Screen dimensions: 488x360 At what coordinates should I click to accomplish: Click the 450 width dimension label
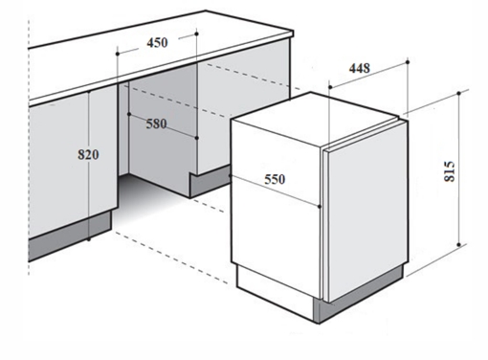[157, 43]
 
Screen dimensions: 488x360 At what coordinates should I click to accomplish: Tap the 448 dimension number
[360, 68]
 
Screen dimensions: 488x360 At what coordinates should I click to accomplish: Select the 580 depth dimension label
[156, 124]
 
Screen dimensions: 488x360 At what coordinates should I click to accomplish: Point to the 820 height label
[88, 155]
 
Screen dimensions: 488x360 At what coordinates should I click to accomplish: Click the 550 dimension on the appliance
[275, 179]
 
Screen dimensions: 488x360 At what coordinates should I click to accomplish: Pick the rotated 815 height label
[450, 171]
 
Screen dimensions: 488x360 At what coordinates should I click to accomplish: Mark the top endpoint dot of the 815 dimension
[459, 94]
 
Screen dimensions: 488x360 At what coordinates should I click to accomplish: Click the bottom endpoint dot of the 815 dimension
[459, 245]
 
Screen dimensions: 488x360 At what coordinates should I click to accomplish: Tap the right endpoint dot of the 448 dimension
[408, 62]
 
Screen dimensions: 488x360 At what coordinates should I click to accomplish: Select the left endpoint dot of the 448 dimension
[330, 87]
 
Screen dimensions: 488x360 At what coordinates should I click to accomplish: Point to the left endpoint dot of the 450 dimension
[118, 54]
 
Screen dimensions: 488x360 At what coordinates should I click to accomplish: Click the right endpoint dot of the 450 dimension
[196, 34]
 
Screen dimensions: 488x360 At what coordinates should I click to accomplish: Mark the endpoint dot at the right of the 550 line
[320, 207]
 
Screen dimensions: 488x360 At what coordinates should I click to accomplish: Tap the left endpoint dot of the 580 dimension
[129, 114]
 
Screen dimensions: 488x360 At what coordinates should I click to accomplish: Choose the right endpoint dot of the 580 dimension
[196, 138]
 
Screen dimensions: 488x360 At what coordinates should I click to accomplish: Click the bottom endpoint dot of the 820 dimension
[89, 239]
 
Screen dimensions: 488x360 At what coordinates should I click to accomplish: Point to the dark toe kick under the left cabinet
[70, 236]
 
